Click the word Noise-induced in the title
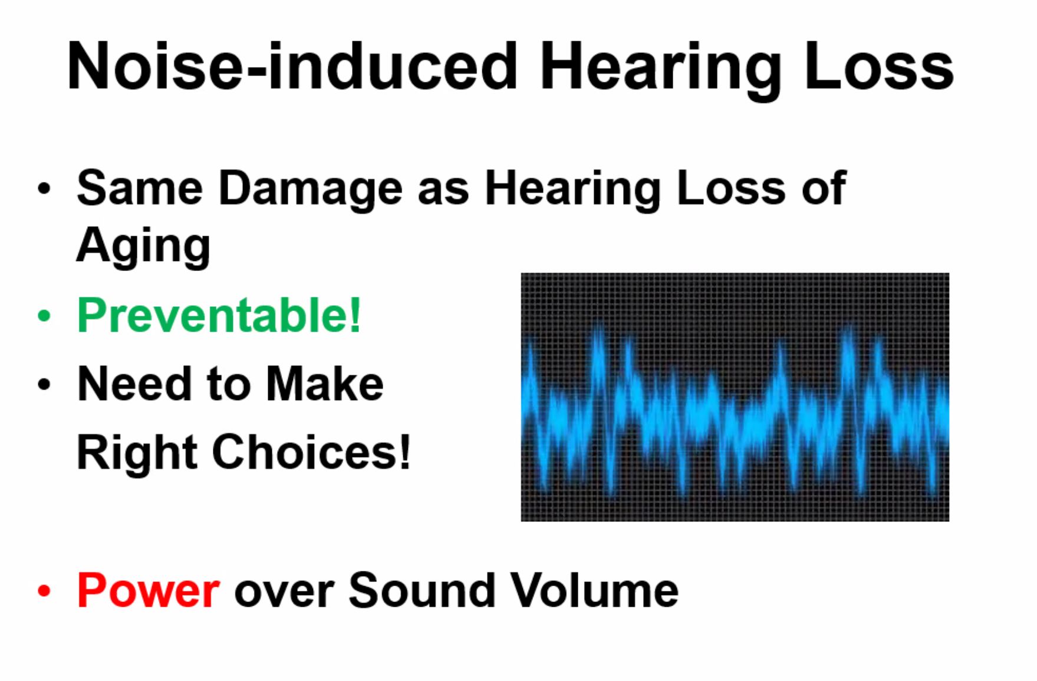292,65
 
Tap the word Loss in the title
879,65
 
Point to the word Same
140,188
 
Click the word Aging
143,247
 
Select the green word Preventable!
219,315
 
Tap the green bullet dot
44,316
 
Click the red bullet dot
44,591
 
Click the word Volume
594,590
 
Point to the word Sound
422,590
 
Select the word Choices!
311,452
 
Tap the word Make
325,384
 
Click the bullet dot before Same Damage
44,189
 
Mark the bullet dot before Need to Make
44,385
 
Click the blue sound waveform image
735,397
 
